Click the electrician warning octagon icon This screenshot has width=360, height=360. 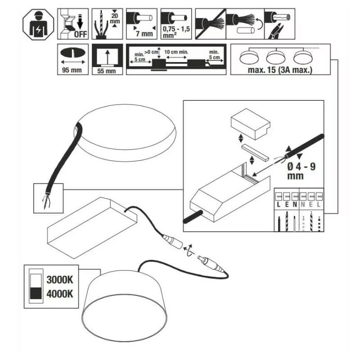pyautogui.click(x=38, y=25)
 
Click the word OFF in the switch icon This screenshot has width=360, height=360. pyautogui.click(x=81, y=35)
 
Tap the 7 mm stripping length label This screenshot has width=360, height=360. pyautogui.click(x=144, y=34)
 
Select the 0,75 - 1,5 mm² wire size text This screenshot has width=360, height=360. pyautogui.click(x=176, y=32)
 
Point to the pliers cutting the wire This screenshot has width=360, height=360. pyautogui.click(x=277, y=31)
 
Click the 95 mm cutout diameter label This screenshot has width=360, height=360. pyautogui.click(x=72, y=70)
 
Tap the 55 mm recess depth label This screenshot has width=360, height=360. pyautogui.click(x=107, y=71)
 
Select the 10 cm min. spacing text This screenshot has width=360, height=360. pyautogui.click(x=176, y=52)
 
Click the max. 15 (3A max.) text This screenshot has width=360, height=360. pyautogui.click(x=280, y=70)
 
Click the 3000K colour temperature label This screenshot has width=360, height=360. pyautogui.click(x=60, y=280)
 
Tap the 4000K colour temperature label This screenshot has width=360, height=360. pyautogui.click(x=60, y=294)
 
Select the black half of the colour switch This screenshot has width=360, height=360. pyautogui.click(x=36, y=293)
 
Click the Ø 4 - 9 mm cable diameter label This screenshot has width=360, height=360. pyautogui.click(x=301, y=171)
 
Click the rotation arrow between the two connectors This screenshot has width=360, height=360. pyautogui.click(x=190, y=251)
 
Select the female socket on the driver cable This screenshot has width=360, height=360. pyautogui.click(x=172, y=241)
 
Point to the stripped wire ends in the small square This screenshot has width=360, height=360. pyautogui.click(x=47, y=200)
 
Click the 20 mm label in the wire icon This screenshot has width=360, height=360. pyautogui.click(x=115, y=18)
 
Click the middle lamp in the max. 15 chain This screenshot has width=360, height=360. pyautogui.click(x=276, y=57)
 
